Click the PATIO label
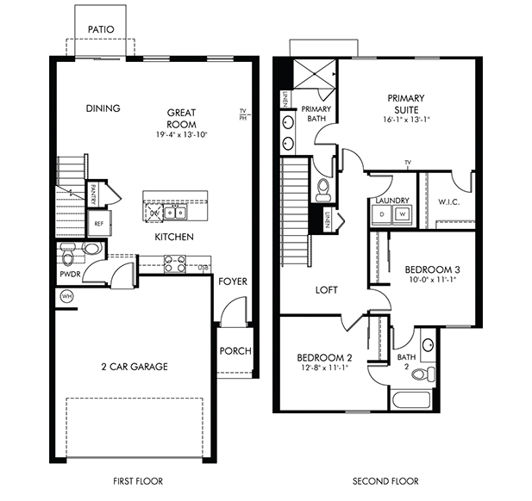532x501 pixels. [101, 29]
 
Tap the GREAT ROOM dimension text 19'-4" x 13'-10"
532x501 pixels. [182, 134]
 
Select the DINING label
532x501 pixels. [103, 108]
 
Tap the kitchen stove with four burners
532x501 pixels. [175, 263]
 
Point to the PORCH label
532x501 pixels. [235, 350]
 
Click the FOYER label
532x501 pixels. [233, 281]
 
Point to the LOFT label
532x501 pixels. [326, 290]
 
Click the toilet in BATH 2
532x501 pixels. [422, 374]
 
